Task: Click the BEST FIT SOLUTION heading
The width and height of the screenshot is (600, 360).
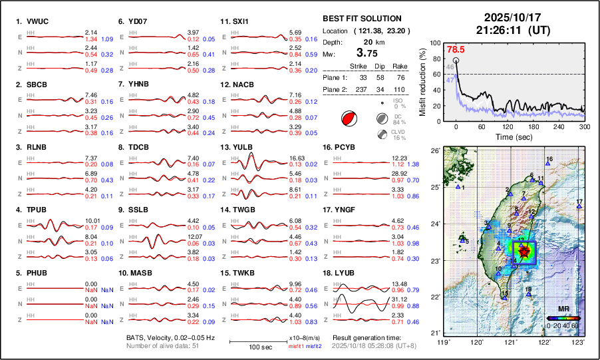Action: coord(361,19)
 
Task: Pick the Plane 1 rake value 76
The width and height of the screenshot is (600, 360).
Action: coord(400,77)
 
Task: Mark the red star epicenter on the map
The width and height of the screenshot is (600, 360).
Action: coord(524,252)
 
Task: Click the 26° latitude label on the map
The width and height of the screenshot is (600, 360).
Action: coord(433,151)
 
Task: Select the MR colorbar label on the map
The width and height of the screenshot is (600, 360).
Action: coord(561,309)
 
